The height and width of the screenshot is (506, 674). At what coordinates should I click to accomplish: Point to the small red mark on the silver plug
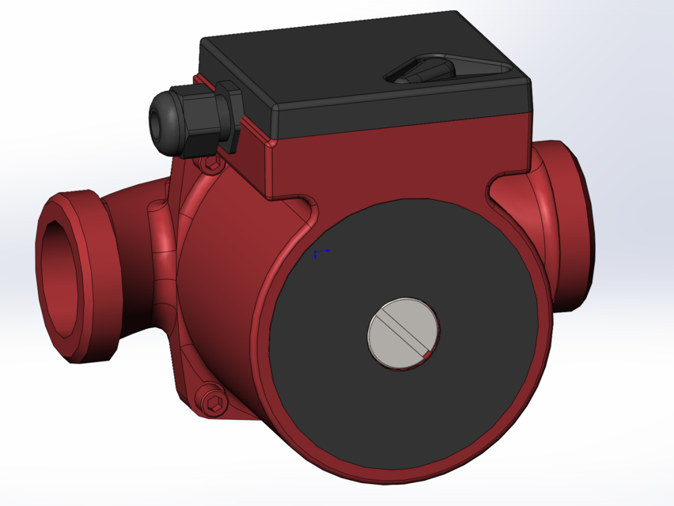point(427,356)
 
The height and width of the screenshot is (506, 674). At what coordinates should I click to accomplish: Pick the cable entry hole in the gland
point(154,120)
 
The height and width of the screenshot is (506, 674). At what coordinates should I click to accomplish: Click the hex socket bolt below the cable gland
point(211,164)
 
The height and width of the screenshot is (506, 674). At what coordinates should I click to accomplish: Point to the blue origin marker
point(317,255)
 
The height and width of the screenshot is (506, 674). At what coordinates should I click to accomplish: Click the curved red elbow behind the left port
point(134,213)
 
